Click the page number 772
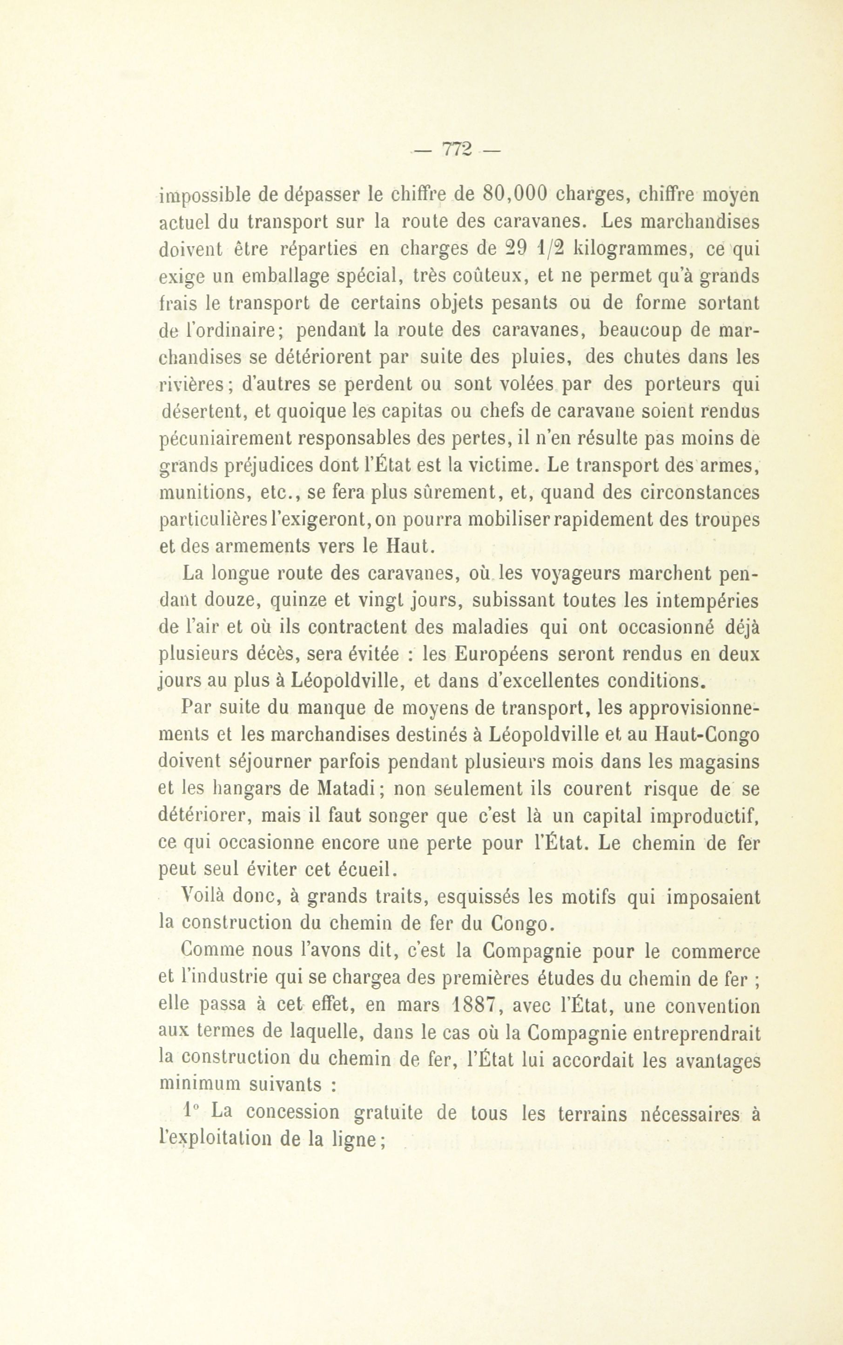(457, 150)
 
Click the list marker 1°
(192, 1112)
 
